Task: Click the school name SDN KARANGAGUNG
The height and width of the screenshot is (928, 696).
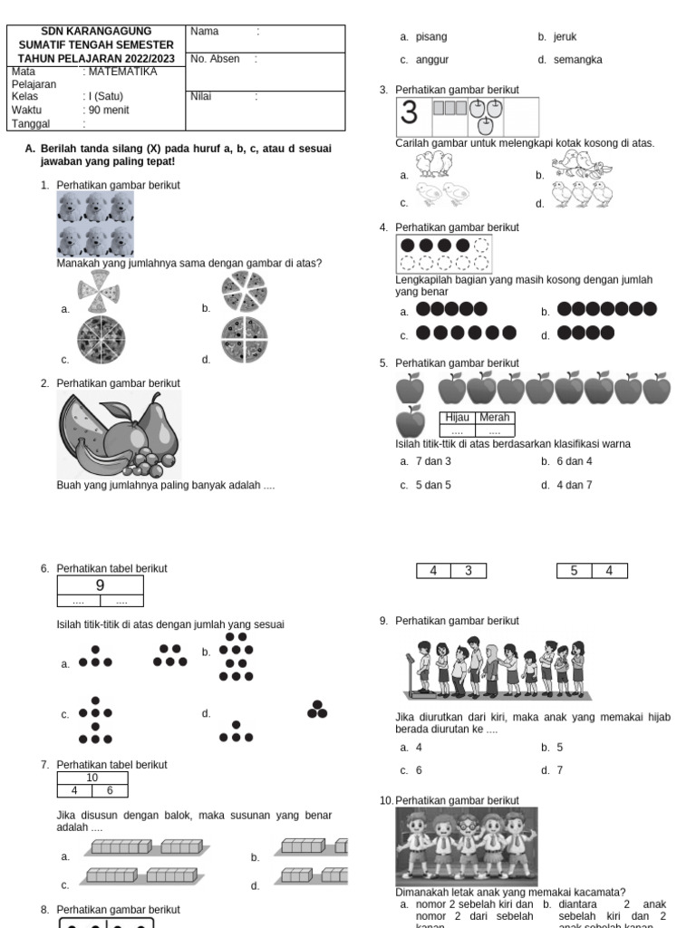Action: coord(96,32)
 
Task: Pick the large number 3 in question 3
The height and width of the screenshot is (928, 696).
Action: coord(410,113)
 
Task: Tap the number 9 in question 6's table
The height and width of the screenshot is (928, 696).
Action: coord(101,585)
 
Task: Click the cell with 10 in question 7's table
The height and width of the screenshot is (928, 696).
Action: coord(92,778)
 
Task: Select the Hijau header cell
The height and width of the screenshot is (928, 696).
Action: coord(458,418)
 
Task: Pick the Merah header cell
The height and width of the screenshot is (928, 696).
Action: coord(494,418)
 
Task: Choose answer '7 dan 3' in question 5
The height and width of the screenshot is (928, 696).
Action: coord(432,461)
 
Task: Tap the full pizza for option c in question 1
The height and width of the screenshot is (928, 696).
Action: coord(100,339)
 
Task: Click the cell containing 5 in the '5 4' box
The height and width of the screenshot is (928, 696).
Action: coord(574,571)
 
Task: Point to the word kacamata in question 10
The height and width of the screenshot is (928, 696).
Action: coord(599,893)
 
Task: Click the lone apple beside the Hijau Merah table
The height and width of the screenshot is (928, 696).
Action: coord(411,421)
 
